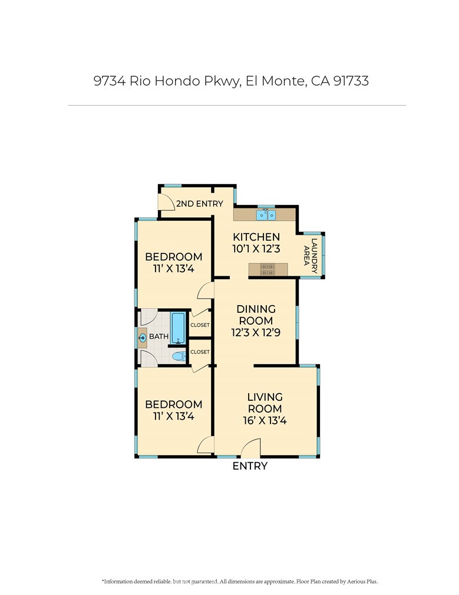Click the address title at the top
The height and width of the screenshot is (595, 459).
pos(231,81)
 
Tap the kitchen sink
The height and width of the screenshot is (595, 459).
pos(266,214)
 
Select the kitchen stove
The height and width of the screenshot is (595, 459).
pos(268,270)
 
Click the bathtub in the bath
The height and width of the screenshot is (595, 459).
pos(178,328)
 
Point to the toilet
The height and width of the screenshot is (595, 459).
pos(177,356)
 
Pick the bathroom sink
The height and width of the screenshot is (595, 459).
pos(143,338)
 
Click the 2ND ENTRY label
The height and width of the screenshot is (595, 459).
pos(200,204)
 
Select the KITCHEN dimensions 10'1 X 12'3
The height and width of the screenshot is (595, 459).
pos(256,249)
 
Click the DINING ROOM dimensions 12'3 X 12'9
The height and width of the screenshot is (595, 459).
pos(256,332)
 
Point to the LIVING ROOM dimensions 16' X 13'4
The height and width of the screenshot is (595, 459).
pos(265,421)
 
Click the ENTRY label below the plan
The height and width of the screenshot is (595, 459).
pos(250,466)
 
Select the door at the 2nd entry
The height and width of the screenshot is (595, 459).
pos(167,202)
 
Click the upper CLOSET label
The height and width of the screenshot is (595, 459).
pos(200,325)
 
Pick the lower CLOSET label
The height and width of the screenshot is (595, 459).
pos(200,352)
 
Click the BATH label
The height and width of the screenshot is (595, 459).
pos(158,336)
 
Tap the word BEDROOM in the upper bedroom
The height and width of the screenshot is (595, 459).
pos(174,257)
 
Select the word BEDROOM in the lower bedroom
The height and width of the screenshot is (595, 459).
pos(174,404)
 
